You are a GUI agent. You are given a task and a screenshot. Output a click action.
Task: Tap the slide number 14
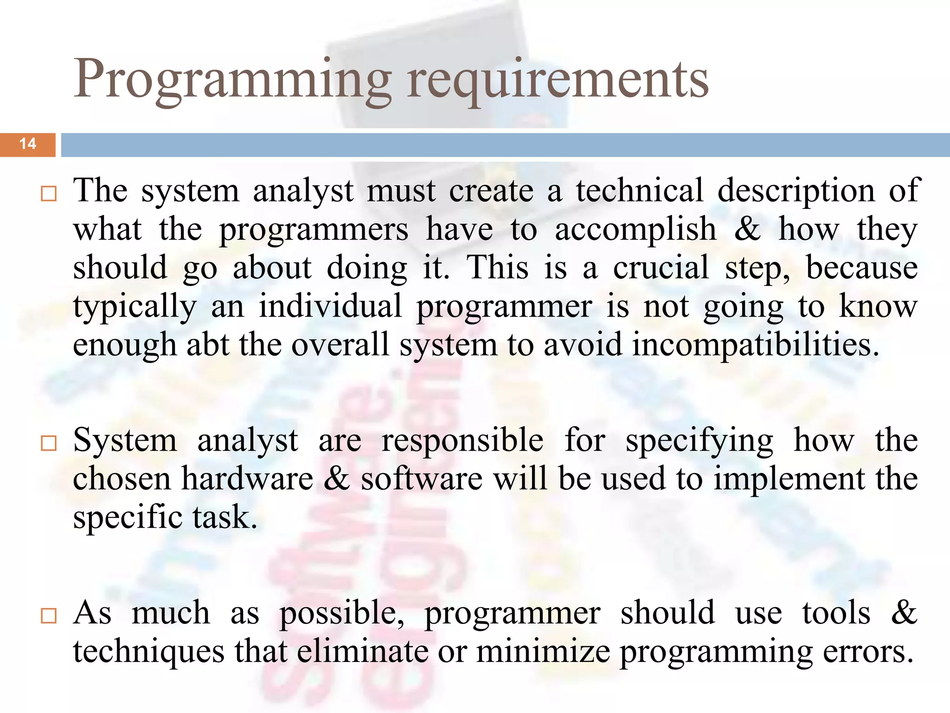pyautogui.click(x=28, y=144)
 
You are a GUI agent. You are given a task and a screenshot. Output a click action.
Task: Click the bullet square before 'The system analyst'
pyautogui.click(x=48, y=194)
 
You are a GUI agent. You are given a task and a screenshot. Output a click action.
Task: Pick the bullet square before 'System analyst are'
pyautogui.click(x=48, y=443)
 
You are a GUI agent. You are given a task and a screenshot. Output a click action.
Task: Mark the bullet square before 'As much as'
pyautogui.click(x=48, y=616)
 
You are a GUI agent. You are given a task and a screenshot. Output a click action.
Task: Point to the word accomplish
pyautogui.click(x=635, y=230)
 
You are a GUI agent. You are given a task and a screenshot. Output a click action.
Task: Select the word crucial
pyautogui.click(x=661, y=268)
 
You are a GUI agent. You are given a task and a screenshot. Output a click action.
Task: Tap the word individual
pyautogui.click(x=330, y=307)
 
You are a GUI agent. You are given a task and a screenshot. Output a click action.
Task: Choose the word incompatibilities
pyautogui.click(x=756, y=345)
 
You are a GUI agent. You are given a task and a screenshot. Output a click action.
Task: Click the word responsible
pyautogui.click(x=462, y=441)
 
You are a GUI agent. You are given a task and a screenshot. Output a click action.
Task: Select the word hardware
pyautogui.click(x=247, y=480)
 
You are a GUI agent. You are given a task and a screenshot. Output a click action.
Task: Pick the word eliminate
pyautogui.click(x=362, y=652)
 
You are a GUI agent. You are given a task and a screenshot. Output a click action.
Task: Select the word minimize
pyautogui.click(x=543, y=652)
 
